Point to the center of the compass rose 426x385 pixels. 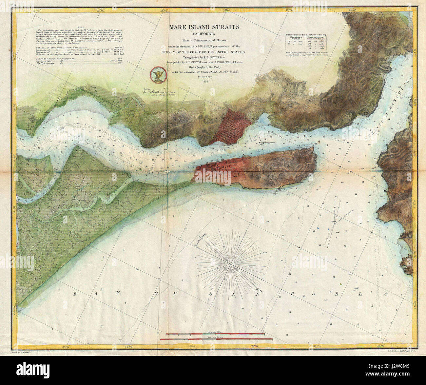click(x=231, y=263)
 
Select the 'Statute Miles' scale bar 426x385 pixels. click(x=215, y=334)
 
